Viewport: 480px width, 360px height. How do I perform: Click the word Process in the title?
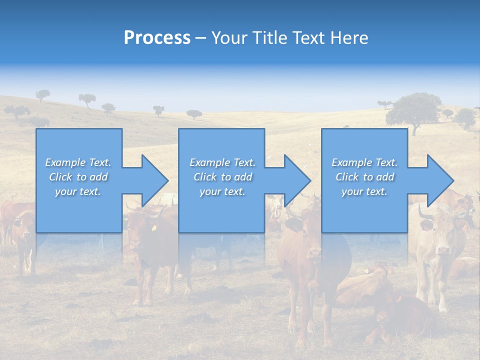(157, 38)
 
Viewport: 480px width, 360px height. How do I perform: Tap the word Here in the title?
(349, 38)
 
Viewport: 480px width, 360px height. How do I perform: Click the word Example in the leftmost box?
(65, 162)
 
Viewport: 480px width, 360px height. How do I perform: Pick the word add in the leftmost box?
(98, 177)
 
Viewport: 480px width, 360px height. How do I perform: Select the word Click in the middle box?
(204, 177)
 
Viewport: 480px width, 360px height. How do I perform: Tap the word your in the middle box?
(210, 191)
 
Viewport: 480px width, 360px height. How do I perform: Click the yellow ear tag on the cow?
(154, 228)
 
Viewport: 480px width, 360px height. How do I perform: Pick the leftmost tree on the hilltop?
(42, 94)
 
